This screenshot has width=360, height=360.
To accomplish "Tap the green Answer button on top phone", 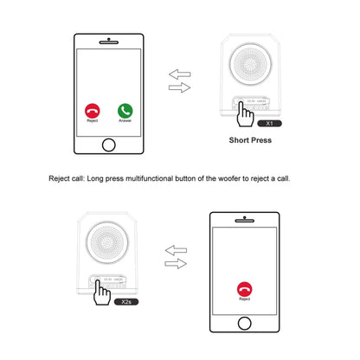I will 125,110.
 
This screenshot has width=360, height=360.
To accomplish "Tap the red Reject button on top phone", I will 91,110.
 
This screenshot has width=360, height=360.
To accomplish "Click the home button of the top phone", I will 108,145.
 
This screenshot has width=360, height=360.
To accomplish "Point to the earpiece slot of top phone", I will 108,41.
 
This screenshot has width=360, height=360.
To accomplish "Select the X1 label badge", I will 271,124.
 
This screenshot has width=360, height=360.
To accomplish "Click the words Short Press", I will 251,139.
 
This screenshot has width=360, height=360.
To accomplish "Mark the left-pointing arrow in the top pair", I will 179,74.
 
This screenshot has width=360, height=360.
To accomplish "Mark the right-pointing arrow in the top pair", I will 179,87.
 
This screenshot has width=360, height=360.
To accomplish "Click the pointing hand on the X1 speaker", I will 241,110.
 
